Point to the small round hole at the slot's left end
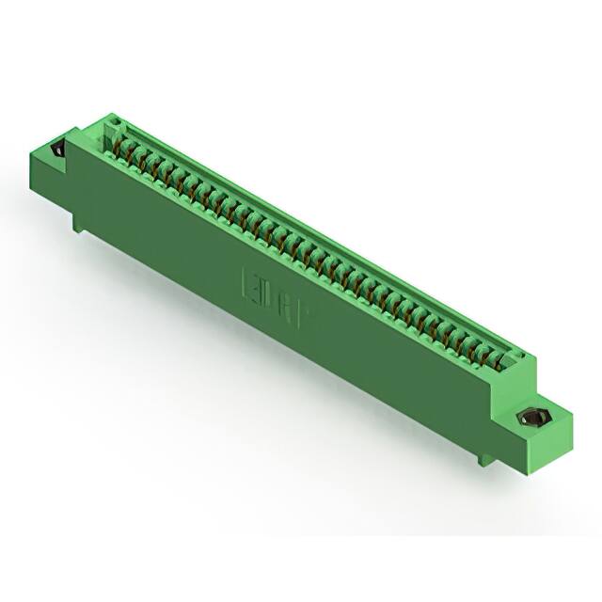click(117, 123)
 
